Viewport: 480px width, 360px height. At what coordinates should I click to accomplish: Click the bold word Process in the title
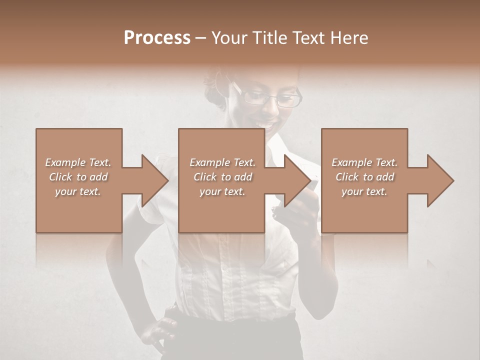tap(157, 38)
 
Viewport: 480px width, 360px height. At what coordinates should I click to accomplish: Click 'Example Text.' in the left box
tap(78, 162)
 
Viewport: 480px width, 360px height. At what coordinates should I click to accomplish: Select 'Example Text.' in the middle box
tap(222, 162)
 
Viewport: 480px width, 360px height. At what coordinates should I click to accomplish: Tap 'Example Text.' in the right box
tap(364, 162)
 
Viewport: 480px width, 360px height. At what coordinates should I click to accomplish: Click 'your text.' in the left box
tap(78, 191)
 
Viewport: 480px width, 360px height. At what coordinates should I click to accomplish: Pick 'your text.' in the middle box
tap(222, 191)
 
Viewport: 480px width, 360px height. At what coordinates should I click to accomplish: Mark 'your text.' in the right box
tap(364, 191)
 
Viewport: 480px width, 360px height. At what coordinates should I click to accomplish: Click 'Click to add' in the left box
tap(78, 177)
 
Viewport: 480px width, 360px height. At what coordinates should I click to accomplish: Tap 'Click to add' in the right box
tap(365, 177)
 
